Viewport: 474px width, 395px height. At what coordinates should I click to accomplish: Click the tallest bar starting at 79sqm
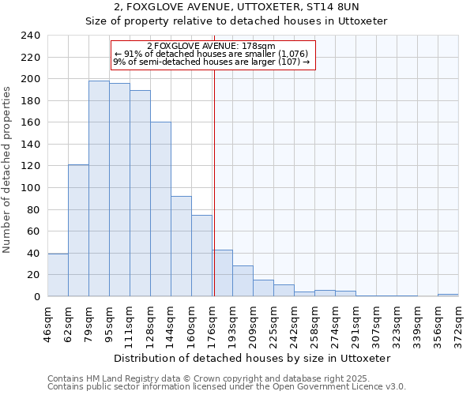pos(99,189)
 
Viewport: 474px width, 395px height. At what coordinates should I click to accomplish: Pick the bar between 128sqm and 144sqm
pos(160,209)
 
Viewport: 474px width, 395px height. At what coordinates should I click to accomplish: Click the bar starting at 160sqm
pos(201,256)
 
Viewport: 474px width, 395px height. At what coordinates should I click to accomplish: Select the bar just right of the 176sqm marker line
pos(223,273)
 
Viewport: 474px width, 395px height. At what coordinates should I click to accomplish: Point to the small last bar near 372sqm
pos(448,295)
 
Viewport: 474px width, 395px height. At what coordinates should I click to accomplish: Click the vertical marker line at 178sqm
pos(214,182)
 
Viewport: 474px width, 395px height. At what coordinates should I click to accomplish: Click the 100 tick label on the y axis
pos(30,188)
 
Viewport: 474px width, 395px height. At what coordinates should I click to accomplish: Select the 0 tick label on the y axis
pos(36,297)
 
